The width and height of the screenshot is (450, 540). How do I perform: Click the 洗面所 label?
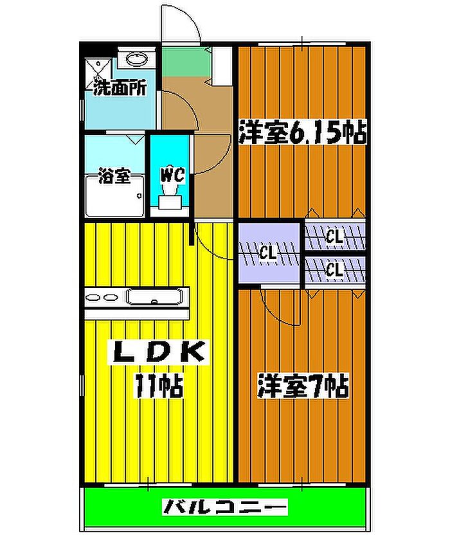(120, 87)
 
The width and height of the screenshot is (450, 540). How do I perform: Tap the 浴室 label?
(114, 175)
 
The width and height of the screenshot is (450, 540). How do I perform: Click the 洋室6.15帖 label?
(302, 132)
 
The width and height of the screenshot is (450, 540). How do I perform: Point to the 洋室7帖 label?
(303, 386)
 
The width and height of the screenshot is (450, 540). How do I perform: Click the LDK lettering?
(159, 352)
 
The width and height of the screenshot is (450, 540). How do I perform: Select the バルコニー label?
(225, 507)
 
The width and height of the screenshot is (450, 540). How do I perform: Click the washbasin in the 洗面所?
(137, 59)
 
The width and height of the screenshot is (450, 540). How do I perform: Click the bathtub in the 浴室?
(115, 196)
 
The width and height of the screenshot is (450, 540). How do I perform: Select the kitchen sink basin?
(154, 298)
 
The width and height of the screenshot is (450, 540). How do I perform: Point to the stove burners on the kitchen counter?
(102, 298)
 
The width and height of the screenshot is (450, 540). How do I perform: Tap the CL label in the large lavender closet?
(268, 254)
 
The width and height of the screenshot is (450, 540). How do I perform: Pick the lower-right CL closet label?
(334, 270)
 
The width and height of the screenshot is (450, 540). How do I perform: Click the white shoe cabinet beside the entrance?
(222, 66)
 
